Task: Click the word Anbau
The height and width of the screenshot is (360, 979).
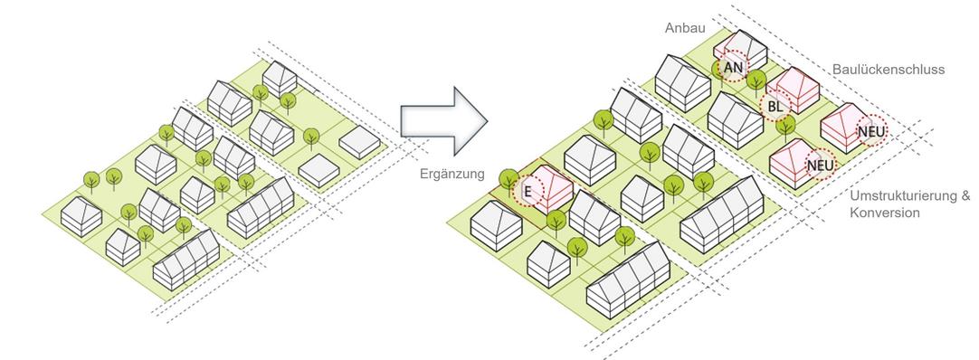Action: click(685, 28)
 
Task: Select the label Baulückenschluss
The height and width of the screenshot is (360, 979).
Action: click(888, 69)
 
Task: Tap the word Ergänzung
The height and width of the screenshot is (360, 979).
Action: click(452, 173)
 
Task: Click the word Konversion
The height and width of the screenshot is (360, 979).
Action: click(884, 213)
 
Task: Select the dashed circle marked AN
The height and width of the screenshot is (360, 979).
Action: click(733, 68)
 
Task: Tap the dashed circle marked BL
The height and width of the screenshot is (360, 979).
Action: click(775, 107)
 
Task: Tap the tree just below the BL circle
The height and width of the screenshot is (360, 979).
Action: click(787, 124)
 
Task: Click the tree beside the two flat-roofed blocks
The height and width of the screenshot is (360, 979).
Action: click(311, 137)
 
